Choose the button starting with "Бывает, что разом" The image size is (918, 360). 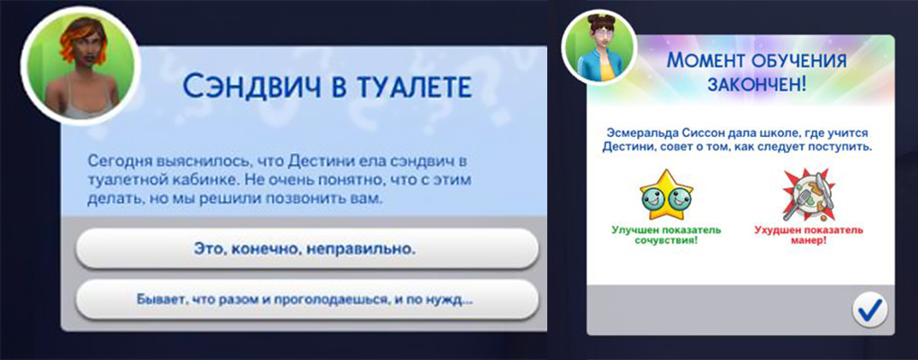pos(305,298)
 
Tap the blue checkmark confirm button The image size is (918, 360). pos(868,309)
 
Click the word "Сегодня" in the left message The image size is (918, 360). pos(119,160)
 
